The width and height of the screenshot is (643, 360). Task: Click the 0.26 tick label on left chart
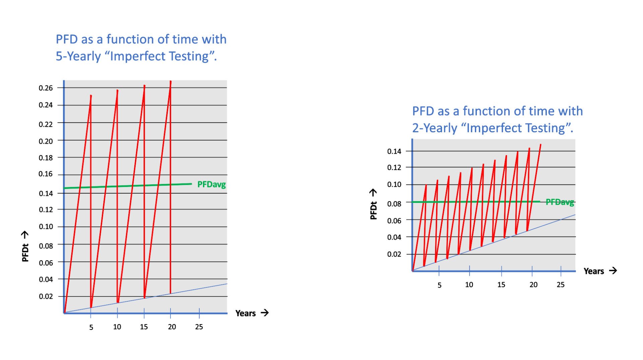point(46,88)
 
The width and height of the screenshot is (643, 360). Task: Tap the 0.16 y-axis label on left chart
point(46,174)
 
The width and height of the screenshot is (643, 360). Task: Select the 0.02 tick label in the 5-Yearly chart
point(46,296)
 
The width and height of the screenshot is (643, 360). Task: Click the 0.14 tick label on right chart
point(394,151)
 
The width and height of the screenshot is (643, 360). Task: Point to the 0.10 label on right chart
point(394,185)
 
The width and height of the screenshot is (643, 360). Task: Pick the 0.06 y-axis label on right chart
point(394,221)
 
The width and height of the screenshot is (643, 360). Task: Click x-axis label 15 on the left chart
point(144,327)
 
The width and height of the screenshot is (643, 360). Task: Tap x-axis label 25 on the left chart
point(199,327)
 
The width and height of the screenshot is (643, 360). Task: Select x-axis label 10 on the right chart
point(469,285)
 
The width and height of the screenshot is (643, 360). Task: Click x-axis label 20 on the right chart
point(533,285)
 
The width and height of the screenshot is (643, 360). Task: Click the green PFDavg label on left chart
point(211,185)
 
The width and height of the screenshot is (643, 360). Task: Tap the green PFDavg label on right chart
point(560,202)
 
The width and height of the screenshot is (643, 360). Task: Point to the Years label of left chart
point(245,313)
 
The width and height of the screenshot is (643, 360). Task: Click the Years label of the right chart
point(593,271)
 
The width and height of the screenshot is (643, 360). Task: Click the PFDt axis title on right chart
point(373,211)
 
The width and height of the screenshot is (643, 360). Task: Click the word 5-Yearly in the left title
point(78,56)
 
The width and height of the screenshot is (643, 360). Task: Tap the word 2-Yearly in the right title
point(434,128)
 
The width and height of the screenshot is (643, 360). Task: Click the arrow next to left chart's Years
point(265,313)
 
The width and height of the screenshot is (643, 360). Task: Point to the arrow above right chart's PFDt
point(373,193)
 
